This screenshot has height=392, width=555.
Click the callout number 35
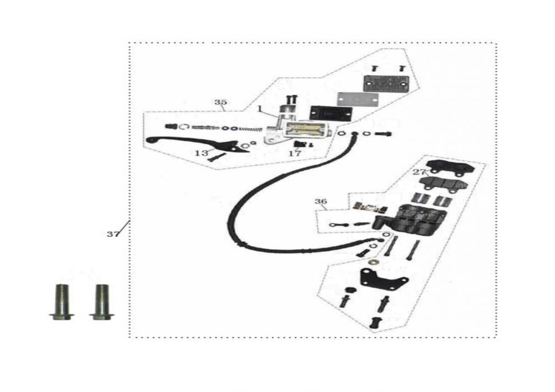pos(220,103)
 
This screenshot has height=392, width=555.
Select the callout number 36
pos(321,201)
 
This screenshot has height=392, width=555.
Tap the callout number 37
pos(113,234)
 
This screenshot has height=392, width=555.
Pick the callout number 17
pos(295,153)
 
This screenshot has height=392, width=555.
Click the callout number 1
pos(259,108)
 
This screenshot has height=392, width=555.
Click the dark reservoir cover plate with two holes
pos(385,83)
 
